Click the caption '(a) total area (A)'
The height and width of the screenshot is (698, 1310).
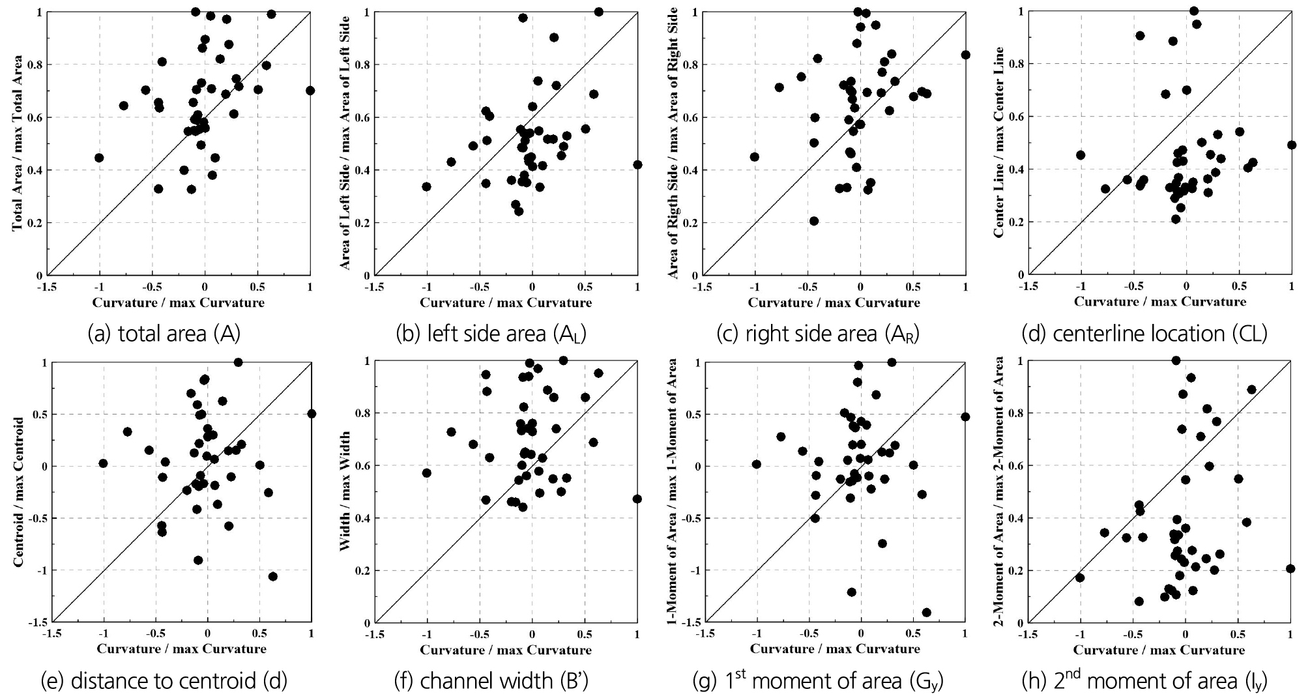click(x=164, y=334)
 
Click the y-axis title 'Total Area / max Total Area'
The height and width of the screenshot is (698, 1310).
click(x=18, y=143)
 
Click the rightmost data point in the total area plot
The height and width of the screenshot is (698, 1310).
click(x=310, y=91)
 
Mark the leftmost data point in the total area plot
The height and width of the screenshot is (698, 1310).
click(x=99, y=158)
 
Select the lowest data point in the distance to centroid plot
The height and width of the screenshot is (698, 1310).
click(x=272, y=576)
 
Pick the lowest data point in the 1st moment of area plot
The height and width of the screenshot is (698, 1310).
click(x=926, y=612)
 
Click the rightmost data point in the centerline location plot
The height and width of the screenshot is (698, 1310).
click(x=1291, y=145)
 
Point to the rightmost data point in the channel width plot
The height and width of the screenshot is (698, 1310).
click(x=637, y=499)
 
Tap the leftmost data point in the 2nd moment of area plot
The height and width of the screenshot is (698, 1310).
click(x=1080, y=577)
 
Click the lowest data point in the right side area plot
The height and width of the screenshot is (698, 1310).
click(x=814, y=221)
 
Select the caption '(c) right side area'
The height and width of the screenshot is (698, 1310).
click(x=817, y=334)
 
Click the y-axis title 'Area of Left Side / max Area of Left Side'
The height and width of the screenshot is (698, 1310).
click(x=345, y=143)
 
